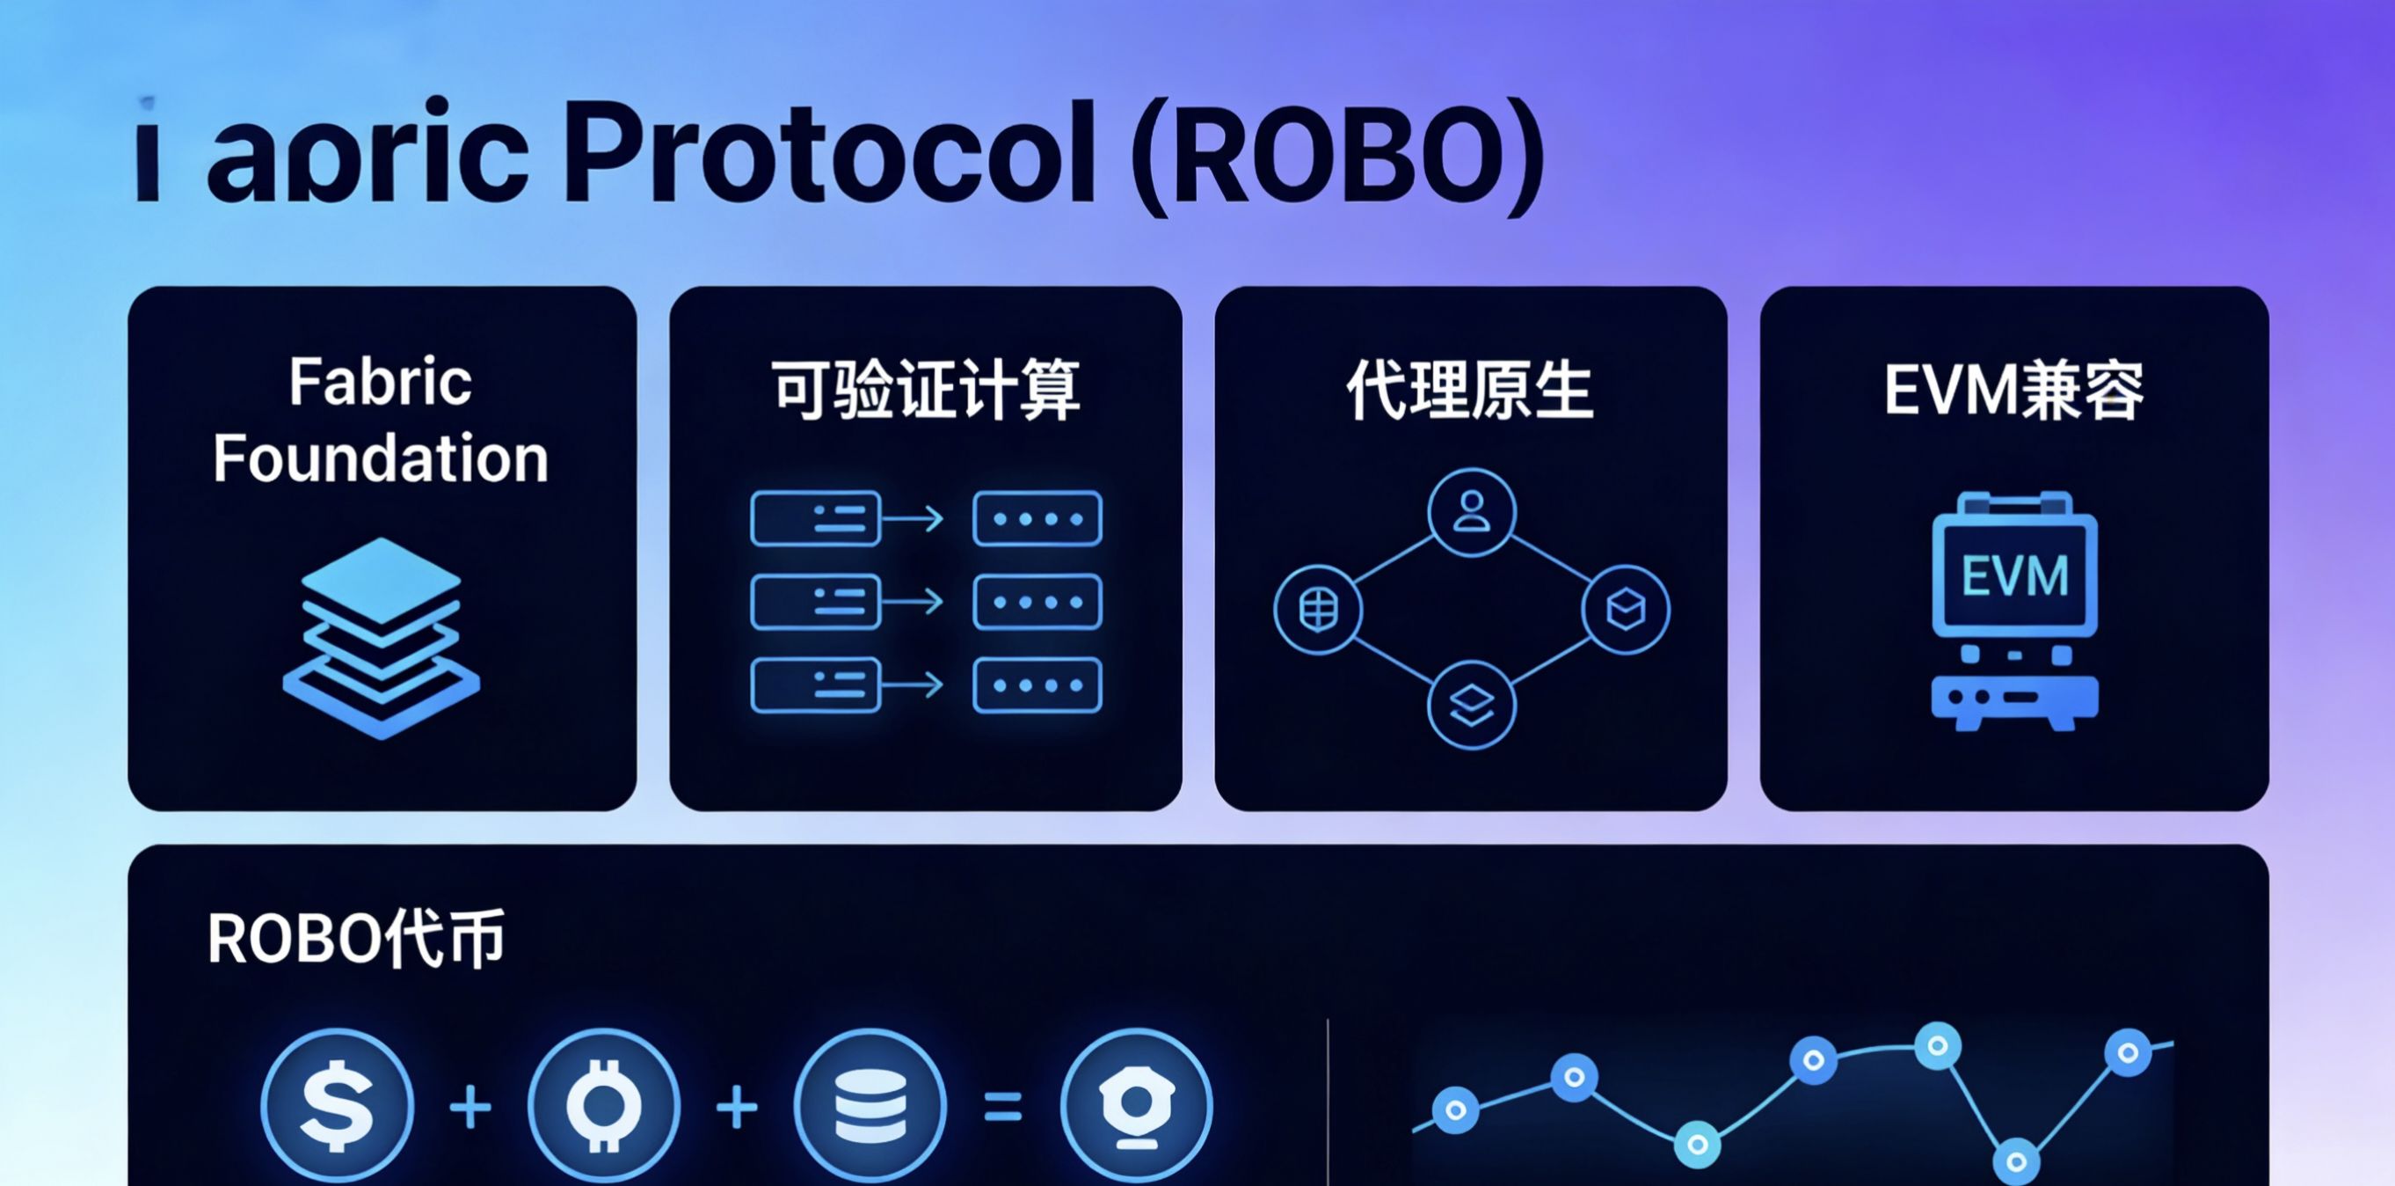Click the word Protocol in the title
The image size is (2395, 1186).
pyautogui.click(x=827, y=153)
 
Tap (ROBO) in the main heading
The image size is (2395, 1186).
pyautogui.click(x=1337, y=157)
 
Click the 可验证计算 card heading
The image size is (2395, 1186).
pyautogui.click(x=926, y=390)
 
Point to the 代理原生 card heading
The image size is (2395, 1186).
pyautogui.click(x=1470, y=390)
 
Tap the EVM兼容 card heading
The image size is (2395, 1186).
pyautogui.click(x=2013, y=390)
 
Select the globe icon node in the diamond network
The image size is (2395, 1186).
pyautogui.click(x=1317, y=611)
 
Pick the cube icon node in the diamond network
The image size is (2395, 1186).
pyautogui.click(x=1625, y=610)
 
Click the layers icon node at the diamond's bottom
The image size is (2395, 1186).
pyautogui.click(x=1471, y=705)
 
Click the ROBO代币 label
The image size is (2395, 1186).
pyautogui.click(x=355, y=939)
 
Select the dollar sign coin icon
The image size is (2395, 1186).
pyautogui.click(x=337, y=1105)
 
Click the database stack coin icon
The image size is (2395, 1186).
pyautogui.click(x=870, y=1105)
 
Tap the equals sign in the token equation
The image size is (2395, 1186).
pyautogui.click(x=1003, y=1107)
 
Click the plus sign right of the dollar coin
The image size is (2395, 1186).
pyautogui.click(x=470, y=1107)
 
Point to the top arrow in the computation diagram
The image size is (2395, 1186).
pyautogui.click(x=913, y=518)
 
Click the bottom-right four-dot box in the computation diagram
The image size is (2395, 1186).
pyautogui.click(x=1037, y=685)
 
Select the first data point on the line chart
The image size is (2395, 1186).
pyautogui.click(x=1456, y=1109)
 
